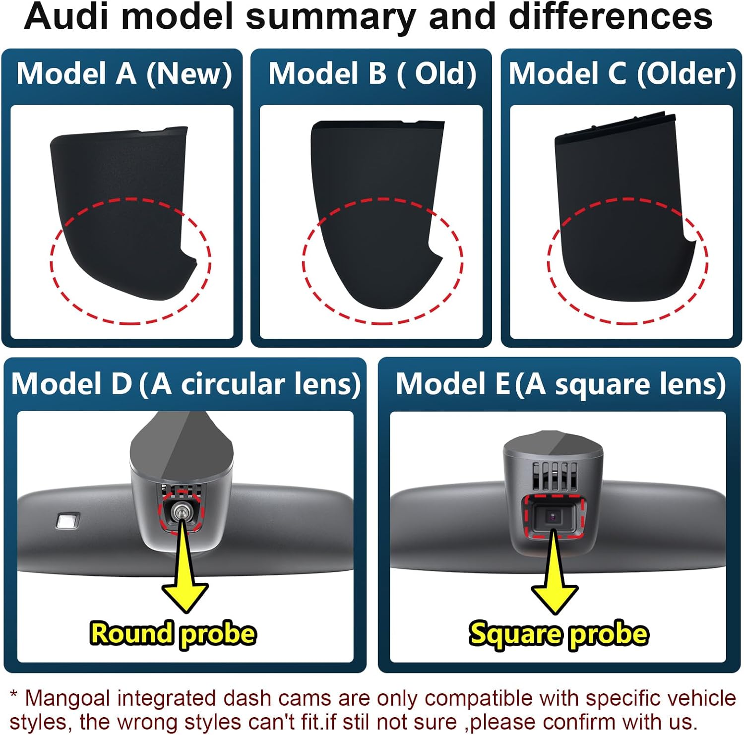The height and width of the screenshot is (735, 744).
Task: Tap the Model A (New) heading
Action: [124, 73]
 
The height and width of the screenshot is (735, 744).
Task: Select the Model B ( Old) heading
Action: [372, 73]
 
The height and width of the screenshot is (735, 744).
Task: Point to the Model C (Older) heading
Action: [622, 73]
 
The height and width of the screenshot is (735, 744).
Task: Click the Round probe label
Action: [173, 634]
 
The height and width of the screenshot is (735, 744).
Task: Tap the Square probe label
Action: [558, 634]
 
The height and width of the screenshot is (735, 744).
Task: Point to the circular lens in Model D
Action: [181, 512]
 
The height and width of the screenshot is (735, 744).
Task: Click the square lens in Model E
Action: [552, 516]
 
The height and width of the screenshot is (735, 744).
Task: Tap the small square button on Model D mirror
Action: [67, 521]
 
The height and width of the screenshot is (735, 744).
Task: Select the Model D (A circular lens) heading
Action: [186, 384]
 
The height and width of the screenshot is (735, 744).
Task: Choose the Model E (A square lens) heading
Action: [560, 384]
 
